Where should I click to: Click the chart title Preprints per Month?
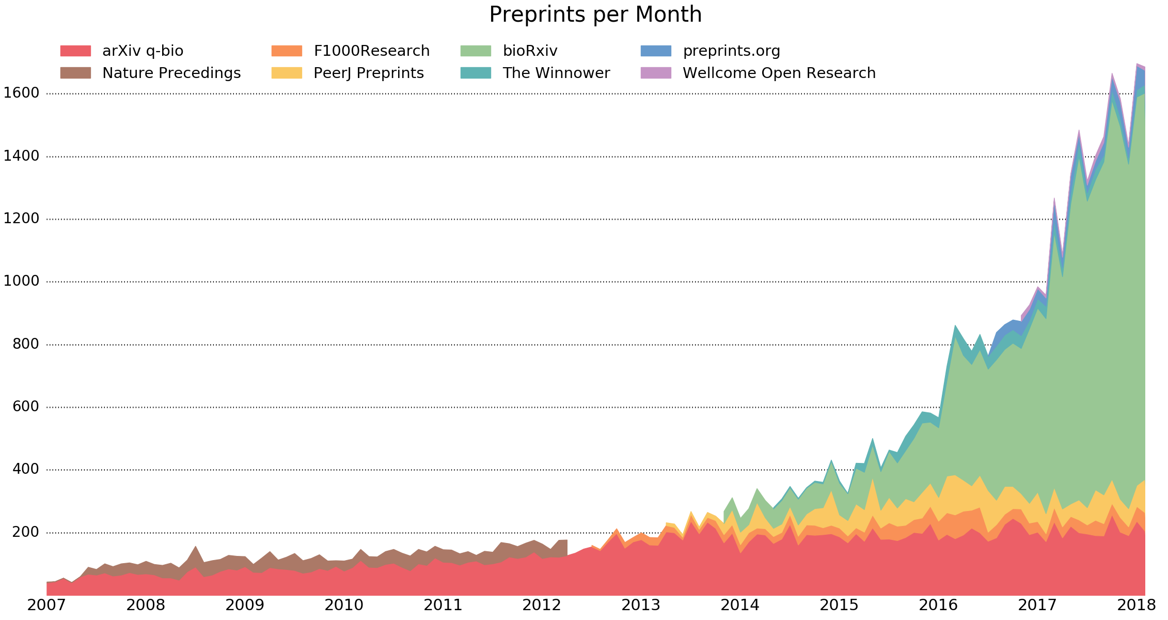point(595,14)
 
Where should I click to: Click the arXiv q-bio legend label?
point(143,51)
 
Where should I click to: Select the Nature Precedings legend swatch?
point(75,73)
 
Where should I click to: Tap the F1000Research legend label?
point(371,51)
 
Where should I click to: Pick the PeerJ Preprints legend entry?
point(368,73)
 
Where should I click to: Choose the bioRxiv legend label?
point(530,51)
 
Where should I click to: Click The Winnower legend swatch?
point(475,73)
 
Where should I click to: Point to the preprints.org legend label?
point(731,51)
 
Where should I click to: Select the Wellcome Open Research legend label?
point(779,73)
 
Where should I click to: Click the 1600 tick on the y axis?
point(21,94)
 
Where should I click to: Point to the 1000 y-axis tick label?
point(21,282)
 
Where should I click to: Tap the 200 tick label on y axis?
point(26,532)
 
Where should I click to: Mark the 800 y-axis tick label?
point(26,344)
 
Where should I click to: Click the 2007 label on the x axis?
point(46,605)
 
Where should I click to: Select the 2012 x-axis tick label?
point(542,605)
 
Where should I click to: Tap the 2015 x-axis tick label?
point(839,605)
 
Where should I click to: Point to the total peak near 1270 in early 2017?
point(1054,199)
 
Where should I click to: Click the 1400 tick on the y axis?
point(21,156)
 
